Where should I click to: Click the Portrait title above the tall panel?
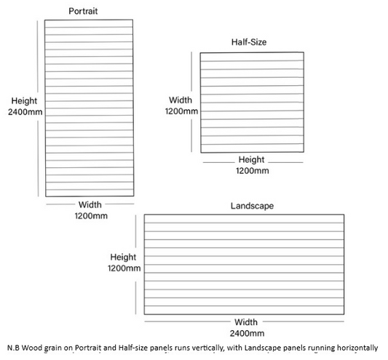tap(83, 11)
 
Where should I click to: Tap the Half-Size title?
tap(249, 42)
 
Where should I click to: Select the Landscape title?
tap(252, 206)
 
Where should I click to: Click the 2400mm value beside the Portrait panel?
tap(25, 112)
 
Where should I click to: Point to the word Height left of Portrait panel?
tap(24, 101)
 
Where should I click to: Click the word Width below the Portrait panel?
tap(90, 204)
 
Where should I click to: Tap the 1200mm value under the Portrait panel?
tap(91, 216)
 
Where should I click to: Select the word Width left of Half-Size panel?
tap(181, 100)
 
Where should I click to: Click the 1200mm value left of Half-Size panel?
tap(181, 111)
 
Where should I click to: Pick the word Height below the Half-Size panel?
tap(251, 160)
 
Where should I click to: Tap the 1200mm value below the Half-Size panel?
tap(253, 171)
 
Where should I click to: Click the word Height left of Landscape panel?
tap(123, 257)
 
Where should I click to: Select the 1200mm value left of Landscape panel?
tap(124, 268)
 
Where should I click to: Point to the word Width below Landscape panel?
tap(246, 322)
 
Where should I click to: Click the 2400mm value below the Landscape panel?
tap(247, 333)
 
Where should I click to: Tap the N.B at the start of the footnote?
tap(13, 348)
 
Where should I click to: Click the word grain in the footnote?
tap(52, 348)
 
